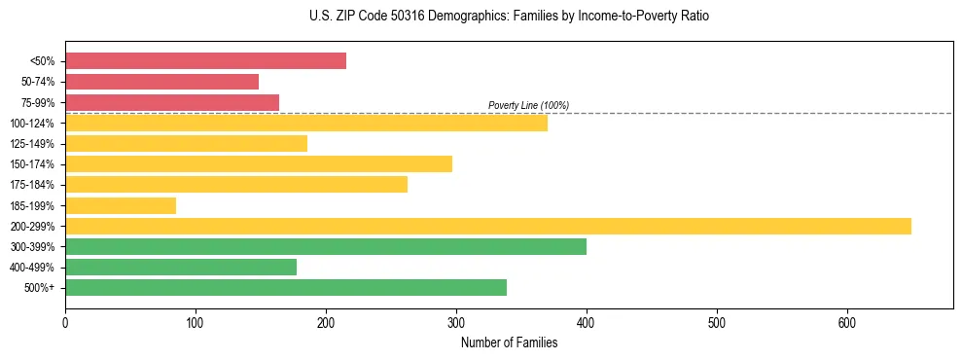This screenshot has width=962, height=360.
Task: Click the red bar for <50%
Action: coord(205,61)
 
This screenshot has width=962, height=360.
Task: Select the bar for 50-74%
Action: coord(161,82)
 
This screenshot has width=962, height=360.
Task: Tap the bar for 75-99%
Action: coord(172,102)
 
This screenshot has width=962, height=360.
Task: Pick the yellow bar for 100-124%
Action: coord(305,123)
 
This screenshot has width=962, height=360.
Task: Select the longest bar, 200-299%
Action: coord(487,226)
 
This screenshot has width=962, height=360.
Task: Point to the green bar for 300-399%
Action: coord(325,246)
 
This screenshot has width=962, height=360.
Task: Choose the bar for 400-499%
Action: coord(181,267)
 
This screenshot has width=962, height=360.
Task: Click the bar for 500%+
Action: coord(285,287)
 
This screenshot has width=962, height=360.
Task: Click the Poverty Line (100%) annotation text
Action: coord(528,105)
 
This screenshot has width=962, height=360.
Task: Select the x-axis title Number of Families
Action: coord(509,342)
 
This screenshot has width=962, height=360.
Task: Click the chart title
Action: coord(502,17)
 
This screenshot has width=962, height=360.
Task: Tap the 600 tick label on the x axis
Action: coord(846,322)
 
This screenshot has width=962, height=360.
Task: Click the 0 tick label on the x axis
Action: coord(65,322)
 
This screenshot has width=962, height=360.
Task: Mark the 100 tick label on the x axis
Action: coord(196,322)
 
